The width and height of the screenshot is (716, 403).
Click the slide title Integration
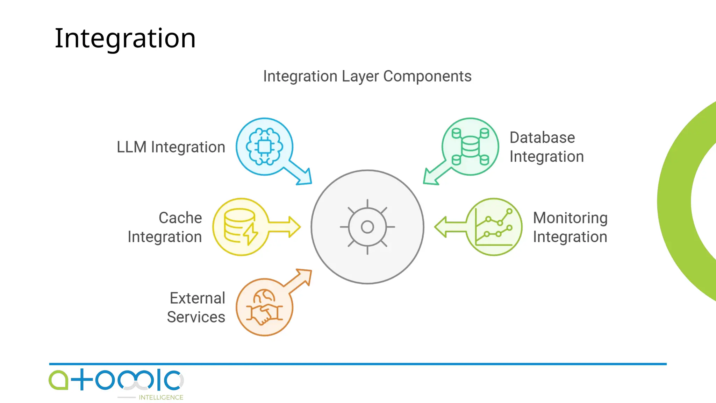125,38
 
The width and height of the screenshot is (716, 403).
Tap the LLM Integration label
171,147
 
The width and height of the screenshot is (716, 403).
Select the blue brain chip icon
264,147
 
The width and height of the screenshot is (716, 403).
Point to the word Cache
180,218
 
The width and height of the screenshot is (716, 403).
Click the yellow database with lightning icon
241,227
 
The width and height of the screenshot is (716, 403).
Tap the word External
197,298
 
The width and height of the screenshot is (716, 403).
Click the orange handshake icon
264,307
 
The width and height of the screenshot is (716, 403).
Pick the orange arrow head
303,276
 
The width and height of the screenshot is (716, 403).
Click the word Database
542,137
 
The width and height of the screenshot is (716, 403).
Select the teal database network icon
470,147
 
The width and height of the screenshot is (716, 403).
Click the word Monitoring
570,218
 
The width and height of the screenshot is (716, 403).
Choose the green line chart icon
494,227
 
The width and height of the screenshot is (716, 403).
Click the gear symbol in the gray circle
367,227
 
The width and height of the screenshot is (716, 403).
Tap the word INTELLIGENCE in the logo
161,397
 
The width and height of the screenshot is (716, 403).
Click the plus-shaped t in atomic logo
81,380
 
